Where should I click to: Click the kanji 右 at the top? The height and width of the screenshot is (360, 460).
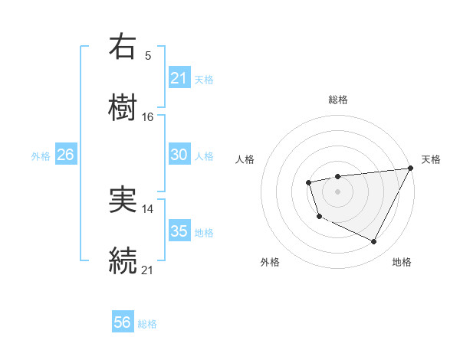tap(123, 47)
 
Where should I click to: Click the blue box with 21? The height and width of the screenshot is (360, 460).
tap(179, 77)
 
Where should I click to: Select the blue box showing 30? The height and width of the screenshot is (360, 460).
tap(179, 155)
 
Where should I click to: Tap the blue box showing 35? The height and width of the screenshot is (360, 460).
tap(179, 231)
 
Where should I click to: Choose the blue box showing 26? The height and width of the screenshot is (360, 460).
tap(65, 155)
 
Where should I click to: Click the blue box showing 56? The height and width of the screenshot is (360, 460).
tap(123, 322)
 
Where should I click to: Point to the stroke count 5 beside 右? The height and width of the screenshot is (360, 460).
tap(148, 55)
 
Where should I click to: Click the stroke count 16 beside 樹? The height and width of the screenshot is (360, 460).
tap(148, 116)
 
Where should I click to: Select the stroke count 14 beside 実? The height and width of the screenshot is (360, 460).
tap(148, 208)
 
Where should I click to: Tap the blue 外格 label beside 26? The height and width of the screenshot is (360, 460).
tap(41, 155)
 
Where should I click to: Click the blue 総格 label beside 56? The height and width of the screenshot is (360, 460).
tap(147, 324)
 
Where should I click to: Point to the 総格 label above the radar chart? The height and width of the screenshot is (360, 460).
tap(337, 100)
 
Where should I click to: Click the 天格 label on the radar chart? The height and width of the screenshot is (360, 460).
tap(431, 159)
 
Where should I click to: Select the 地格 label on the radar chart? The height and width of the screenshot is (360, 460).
tap(402, 262)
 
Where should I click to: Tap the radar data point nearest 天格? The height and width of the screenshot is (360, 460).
tap(410, 169)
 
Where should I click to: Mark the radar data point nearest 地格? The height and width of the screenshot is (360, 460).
tap(373, 242)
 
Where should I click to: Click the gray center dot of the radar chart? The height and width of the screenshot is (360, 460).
tap(337, 191)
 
